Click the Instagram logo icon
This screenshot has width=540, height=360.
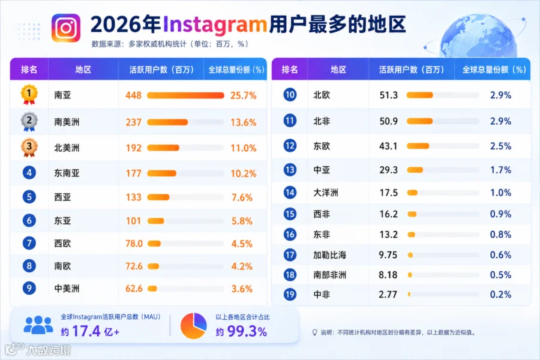[x=66, y=28]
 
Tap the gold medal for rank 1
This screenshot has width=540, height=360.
[x=29, y=94]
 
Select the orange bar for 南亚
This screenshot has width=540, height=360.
[x=185, y=95]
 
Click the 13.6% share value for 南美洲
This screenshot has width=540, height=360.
[x=243, y=122]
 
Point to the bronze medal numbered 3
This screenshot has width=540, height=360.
[x=29, y=148]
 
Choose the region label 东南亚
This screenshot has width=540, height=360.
[x=67, y=173]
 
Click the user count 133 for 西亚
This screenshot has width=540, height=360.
[x=134, y=197]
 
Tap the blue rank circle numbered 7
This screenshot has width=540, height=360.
[x=29, y=243]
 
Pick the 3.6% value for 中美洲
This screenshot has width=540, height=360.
[x=242, y=289]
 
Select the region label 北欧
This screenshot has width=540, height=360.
[x=322, y=95]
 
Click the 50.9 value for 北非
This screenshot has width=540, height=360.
[x=388, y=121]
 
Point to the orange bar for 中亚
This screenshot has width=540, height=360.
[x=415, y=170]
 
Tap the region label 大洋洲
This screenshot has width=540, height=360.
[x=326, y=193]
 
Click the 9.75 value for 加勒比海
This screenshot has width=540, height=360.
[x=388, y=255]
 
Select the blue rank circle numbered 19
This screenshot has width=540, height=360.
[x=290, y=295]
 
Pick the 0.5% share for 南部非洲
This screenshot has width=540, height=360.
[x=500, y=275]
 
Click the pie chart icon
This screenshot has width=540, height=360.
[x=194, y=326]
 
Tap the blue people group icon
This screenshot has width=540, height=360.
[x=38, y=325]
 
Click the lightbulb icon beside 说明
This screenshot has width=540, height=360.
[x=314, y=332]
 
